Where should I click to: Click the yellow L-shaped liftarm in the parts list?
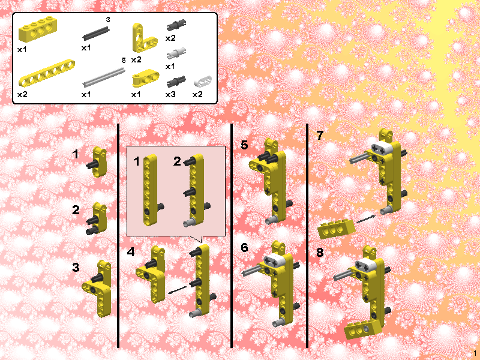pyautogui.click(x=143, y=38)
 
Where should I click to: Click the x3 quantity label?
pyautogui.click(x=171, y=94)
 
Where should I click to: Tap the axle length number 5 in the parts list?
pyautogui.click(x=124, y=60)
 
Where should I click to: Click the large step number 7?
pyautogui.click(x=320, y=136)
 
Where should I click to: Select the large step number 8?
pyautogui.click(x=320, y=253)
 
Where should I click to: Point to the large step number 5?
pyautogui.click(x=244, y=145)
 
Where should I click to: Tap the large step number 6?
pyautogui.click(x=244, y=247)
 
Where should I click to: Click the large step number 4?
pyautogui.click(x=131, y=252)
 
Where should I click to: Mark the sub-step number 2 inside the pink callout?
pyautogui.click(x=177, y=161)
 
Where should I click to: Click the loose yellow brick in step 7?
pyautogui.click(x=336, y=229)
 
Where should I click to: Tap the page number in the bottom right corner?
pyautogui.click(x=475, y=353)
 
